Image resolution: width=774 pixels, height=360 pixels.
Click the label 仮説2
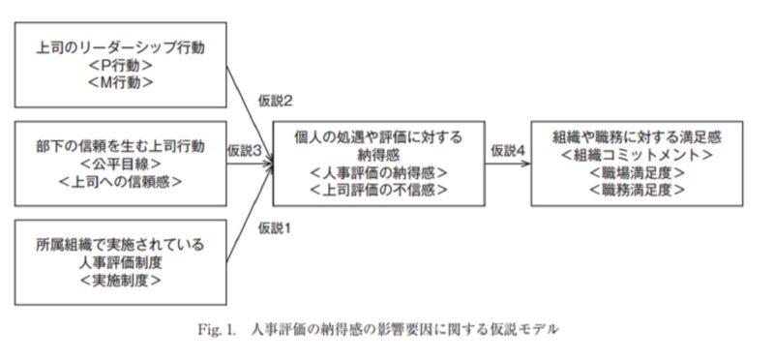(276, 100)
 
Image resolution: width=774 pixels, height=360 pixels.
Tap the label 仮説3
(246, 151)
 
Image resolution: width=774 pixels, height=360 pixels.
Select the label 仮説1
(276, 227)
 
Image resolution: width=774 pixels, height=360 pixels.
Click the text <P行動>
(121, 65)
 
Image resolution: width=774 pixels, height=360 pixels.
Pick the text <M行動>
(121, 83)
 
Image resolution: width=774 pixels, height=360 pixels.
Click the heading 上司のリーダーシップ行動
(121, 45)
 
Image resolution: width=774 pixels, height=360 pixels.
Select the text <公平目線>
(121, 164)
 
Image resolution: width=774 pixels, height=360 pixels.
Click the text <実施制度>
(121, 281)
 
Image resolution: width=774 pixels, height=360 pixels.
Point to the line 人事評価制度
(121, 262)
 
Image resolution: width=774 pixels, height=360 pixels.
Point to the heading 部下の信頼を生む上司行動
(121, 145)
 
